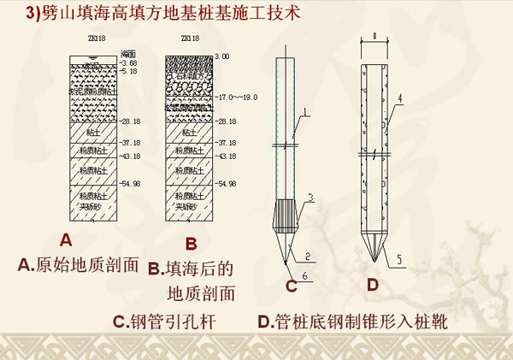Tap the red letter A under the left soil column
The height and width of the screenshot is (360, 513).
click(x=65, y=240)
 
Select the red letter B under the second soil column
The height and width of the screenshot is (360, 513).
click(x=190, y=243)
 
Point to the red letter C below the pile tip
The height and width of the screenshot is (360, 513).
click(x=291, y=286)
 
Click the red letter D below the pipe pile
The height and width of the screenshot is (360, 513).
click(x=372, y=284)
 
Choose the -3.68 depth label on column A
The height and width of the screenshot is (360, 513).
click(x=128, y=62)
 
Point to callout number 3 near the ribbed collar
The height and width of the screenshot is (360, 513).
click(x=312, y=198)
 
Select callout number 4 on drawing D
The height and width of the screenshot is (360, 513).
click(x=398, y=98)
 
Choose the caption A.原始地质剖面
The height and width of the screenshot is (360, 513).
click(x=79, y=265)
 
